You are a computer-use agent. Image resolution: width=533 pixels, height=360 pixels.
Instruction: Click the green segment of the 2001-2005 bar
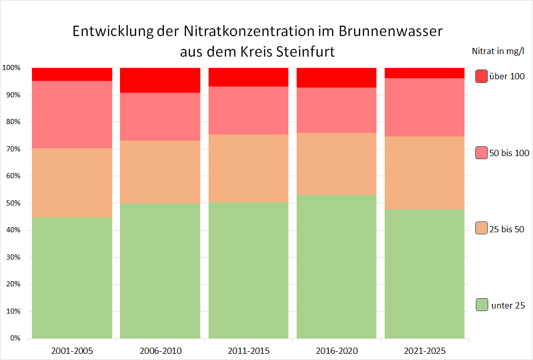pyautogui.click(x=72, y=278)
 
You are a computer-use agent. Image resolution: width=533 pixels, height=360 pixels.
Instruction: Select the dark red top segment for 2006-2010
pyautogui.click(x=160, y=80)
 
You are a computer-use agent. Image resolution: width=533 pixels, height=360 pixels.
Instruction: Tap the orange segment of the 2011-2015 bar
pyautogui.click(x=248, y=168)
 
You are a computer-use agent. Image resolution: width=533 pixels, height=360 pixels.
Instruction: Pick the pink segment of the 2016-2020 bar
pyautogui.click(x=336, y=110)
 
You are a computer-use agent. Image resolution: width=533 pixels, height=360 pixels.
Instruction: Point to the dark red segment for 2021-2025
pyautogui.click(x=425, y=73)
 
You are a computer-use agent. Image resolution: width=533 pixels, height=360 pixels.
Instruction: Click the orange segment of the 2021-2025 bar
pyautogui.click(x=425, y=173)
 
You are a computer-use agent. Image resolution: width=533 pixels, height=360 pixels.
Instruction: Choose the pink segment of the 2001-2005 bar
pyautogui.click(x=72, y=114)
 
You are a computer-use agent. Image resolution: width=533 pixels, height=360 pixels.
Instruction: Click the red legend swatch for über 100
pyautogui.click(x=482, y=76)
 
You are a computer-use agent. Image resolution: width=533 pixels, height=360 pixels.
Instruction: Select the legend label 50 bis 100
pyautogui.click(x=509, y=153)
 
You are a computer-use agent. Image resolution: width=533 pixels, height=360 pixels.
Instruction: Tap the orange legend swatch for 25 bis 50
pyautogui.click(x=482, y=228)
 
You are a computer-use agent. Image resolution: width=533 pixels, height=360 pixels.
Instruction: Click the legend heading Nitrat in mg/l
pyautogui.click(x=498, y=51)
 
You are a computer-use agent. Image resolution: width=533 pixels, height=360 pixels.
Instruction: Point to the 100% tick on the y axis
pyautogui.click(x=11, y=68)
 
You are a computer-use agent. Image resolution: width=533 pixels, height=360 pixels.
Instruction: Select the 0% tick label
pyautogui.click(x=14, y=338)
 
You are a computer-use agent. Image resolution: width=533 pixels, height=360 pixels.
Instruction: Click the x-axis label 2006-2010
pyautogui.click(x=160, y=351)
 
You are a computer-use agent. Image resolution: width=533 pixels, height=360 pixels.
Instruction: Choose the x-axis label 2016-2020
pyautogui.click(x=336, y=351)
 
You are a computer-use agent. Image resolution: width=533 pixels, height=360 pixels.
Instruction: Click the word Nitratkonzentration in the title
pyautogui.click(x=251, y=32)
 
